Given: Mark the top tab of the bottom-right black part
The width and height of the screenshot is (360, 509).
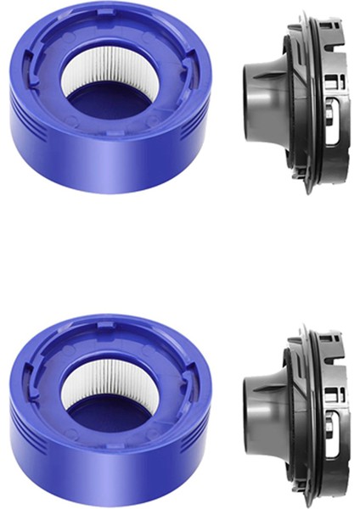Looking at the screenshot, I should [304, 329].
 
